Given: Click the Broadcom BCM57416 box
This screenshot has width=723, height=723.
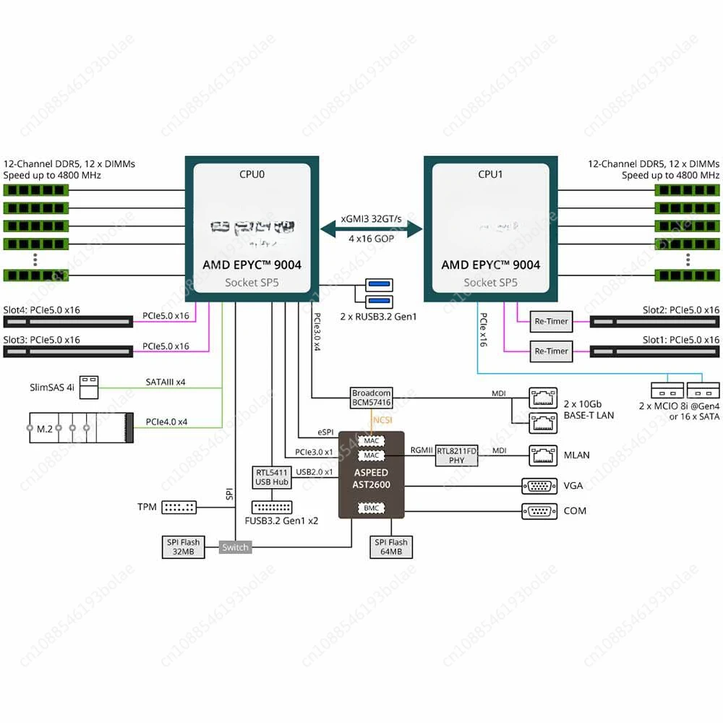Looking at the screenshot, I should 372,398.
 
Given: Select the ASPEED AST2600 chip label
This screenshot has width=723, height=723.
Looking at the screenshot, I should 372,479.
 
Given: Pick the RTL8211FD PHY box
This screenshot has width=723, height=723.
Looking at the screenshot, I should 457,455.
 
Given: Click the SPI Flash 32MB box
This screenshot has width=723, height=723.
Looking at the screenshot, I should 182,547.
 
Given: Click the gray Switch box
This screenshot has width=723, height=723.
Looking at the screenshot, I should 235,547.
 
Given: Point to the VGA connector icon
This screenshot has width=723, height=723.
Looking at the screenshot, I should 539,486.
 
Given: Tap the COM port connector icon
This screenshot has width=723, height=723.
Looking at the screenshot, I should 539,511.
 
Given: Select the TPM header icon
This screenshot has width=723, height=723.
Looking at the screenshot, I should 179,507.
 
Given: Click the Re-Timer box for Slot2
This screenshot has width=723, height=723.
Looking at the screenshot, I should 551,321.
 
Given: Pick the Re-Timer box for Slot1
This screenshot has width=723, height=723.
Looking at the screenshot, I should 551,351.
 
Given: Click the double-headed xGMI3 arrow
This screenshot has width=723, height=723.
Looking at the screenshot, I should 371,229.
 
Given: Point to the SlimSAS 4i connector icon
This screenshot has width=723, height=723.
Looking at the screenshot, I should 89,386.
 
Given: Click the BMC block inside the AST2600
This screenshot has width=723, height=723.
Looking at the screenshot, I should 372,508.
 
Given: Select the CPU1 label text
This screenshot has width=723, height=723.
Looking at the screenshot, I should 490,174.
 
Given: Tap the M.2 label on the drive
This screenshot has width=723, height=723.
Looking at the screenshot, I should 45,428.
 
